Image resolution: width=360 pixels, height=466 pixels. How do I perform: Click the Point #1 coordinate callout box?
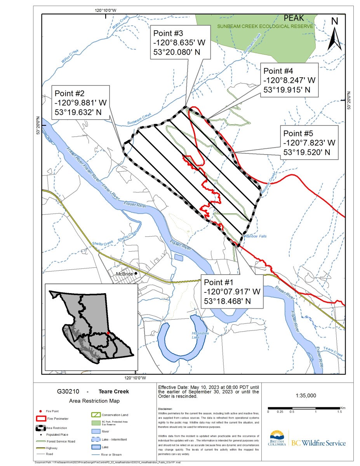[232, 292]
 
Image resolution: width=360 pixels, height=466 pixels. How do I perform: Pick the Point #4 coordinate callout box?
[289, 80]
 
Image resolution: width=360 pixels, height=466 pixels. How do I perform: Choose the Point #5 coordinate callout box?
[309, 143]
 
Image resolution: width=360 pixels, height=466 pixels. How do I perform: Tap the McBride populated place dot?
[136, 274]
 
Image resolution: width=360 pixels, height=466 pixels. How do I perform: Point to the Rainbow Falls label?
[255, 236]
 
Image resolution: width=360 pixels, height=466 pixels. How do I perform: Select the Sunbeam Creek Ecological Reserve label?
[265, 26]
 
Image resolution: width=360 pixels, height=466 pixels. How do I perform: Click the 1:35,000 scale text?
[306, 396]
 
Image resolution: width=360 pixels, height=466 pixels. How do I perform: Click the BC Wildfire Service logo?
[307, 439]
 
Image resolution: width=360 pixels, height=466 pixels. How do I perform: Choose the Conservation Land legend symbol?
[96, 415]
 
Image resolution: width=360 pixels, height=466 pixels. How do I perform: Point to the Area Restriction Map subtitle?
[94, 401]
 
